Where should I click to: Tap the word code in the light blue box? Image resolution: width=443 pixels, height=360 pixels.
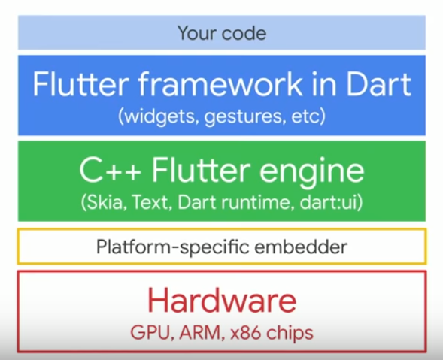coord(244,34)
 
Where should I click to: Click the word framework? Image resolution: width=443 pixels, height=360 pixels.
coord(220,84)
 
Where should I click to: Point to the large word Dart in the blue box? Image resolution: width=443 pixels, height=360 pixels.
coord(378,84)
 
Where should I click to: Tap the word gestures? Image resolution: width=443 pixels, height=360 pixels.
coord(243,117)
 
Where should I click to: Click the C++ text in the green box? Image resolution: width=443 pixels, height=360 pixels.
coord(110,170)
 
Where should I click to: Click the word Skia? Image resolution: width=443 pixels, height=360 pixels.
coord(104,202)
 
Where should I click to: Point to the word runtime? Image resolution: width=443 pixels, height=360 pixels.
coord(257,202)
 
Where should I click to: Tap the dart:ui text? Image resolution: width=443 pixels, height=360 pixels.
coord(331,202)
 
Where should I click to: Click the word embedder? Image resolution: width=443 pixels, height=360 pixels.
coord(301,247)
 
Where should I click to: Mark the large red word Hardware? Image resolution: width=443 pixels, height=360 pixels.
coord(222,300)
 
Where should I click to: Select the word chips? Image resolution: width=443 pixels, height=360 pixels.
coord(290,333)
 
